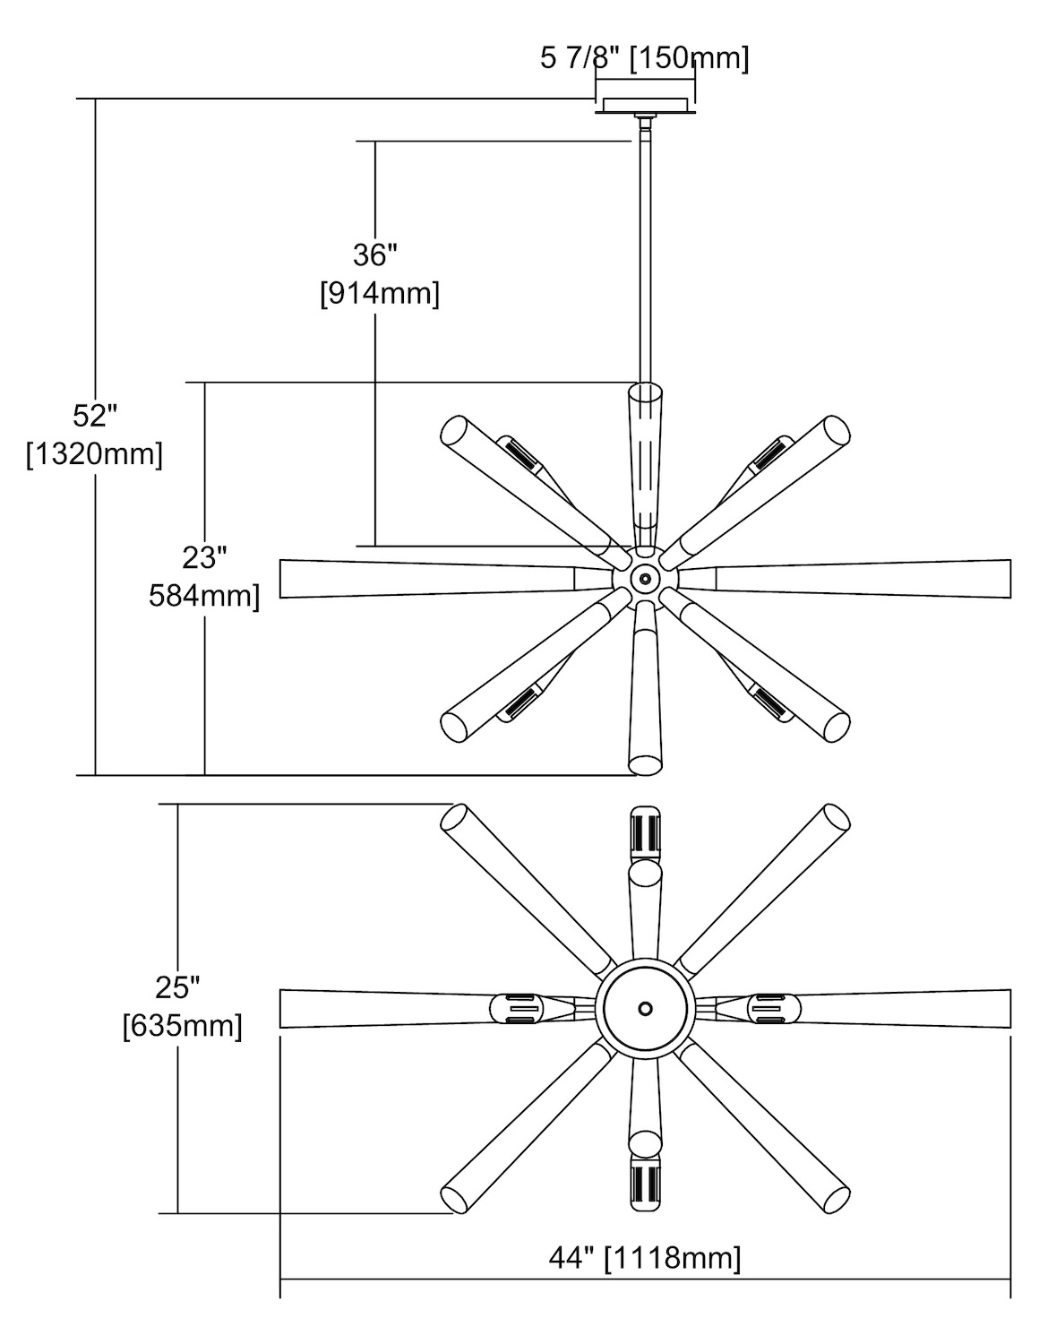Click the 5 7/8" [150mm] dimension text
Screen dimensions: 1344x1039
coord(645,59)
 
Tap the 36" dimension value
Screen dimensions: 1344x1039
coord(375,255)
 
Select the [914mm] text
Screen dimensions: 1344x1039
coord(380,294)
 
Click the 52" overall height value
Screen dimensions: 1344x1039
coord(96,416)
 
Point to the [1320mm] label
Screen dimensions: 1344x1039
coord(95,454)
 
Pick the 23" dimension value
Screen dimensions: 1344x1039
coord(204,557)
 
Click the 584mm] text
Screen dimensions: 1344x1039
coord(204,595)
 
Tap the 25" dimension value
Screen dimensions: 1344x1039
coord(177,987)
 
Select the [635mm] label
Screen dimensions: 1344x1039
coord(183,1025)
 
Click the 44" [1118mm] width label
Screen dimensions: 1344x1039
coord(645,1258)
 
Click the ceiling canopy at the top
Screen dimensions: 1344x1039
coord(645,106)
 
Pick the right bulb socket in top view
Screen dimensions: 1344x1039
coord(772,1010)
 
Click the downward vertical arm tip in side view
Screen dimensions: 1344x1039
coord(645,764)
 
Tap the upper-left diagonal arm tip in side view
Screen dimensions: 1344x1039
coord(454,430)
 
